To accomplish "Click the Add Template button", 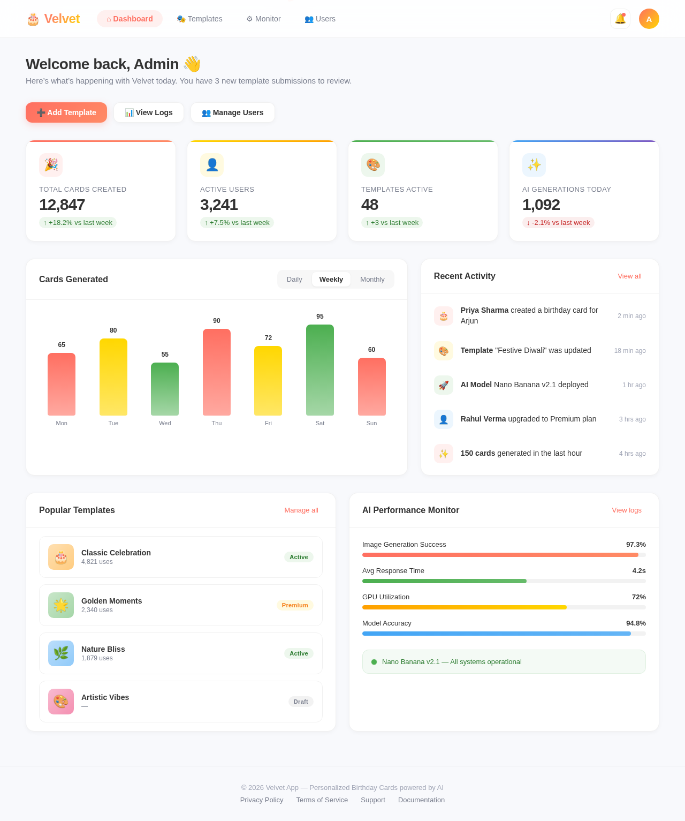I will [x=66, y=112].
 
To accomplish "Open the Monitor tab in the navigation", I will [x=263, y=19].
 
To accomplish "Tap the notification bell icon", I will [x=620, y=19].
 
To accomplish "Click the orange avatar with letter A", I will [x=649, y=19].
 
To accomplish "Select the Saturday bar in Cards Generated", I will [x=319, y=370].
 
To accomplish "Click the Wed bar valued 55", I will [x=165, y=389].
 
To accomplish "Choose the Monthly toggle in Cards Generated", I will [x=372, y=279].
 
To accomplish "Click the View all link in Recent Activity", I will [x=629, y=276].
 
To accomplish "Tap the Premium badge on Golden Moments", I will [x=295, y=605].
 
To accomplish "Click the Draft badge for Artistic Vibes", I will [x=301, y=702].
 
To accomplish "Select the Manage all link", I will [x=301, y=510].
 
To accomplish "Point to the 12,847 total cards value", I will [x=62, y=205].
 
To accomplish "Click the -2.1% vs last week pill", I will [x=558, y=223].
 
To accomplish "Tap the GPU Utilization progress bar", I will [x=504, y=607].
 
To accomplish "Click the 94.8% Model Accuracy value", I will [x=636, y=623].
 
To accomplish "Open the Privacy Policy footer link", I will [x=262, y=800].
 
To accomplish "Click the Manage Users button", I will [x=233, y=112].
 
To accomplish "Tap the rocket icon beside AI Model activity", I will [x=444, y=385].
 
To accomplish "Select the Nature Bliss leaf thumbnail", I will [x=61, y=653].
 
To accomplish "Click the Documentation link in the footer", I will [x=421, y=800].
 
